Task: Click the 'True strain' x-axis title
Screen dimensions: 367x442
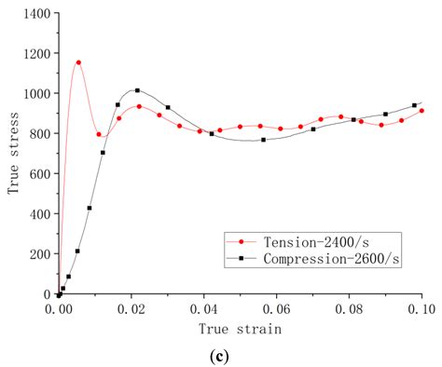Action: coord(240,328)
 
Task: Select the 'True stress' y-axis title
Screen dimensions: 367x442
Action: coord(14,155)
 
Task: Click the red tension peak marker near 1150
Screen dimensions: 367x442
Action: coord(78,62)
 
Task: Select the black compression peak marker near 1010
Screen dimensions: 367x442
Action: coord(137,90)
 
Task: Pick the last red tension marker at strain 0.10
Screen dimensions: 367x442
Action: coord(421,110)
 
